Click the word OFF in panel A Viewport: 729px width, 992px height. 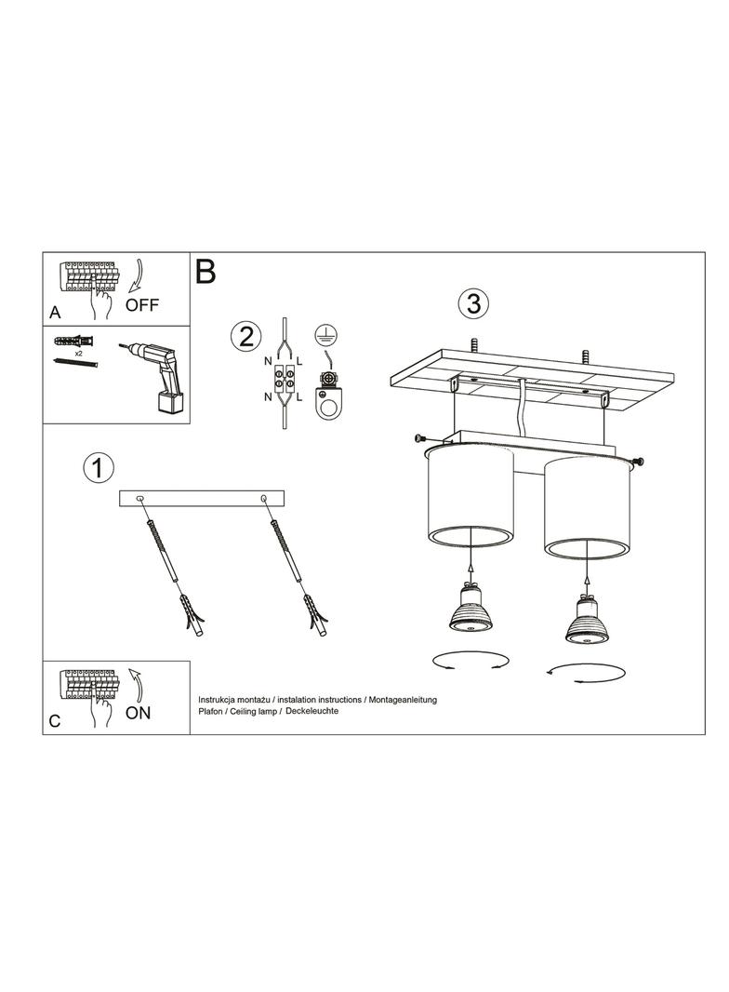point(141,305)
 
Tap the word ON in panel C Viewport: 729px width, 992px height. point(138,713)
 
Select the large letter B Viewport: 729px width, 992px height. point(205,271)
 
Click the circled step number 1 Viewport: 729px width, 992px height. point(98,469)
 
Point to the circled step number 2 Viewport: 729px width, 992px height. point(245,336)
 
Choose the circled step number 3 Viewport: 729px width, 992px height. point(473,304)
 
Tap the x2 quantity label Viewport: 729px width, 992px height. point(79,354)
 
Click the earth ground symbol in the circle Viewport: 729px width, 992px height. point(325,335)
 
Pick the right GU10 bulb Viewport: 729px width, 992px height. point(586,620)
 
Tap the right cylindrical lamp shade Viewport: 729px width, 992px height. point(588,507)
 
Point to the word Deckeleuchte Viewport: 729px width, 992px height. point(311,711)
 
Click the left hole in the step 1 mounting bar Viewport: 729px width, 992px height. point(139,499)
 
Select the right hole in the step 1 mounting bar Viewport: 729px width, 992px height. point(263,499)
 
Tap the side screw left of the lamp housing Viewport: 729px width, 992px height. point(420,437)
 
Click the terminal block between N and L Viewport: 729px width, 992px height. point(283,381)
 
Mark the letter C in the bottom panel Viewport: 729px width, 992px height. point(55,721)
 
